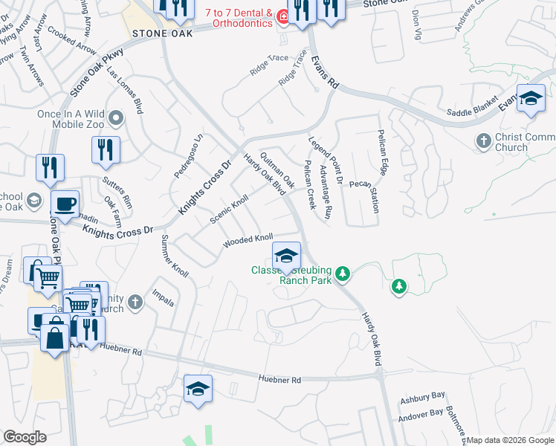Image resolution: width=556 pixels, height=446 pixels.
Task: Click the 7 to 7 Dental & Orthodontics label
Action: pyautogui.click(x=236, y=16)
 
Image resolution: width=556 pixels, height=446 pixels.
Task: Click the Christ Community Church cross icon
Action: pyautogui.click(x=483, y=140)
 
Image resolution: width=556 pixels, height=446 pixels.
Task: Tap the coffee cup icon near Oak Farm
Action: pyautogui.click(x=65, y=203)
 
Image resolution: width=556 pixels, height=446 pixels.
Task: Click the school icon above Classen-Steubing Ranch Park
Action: pyautogui.click(x=286, y=257)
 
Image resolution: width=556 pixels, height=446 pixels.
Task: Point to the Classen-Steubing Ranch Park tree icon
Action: pyautogui.click(x=343, y=274)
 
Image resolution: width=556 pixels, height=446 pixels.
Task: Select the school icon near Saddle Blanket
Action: pyautogui.click(x=531, y=100)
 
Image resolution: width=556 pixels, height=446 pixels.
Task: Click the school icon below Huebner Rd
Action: pyautogui.click(x=198, y=389)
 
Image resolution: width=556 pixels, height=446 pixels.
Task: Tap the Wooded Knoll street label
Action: pyautogui.click(x=249, y=242)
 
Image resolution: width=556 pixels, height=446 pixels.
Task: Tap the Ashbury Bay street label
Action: pyautogui.click(x=421, y=400)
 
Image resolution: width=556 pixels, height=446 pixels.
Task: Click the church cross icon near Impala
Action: pyautogui.click(x=134, y=302)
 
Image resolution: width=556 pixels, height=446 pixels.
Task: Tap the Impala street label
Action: pyautogui.click(x=164, y=297)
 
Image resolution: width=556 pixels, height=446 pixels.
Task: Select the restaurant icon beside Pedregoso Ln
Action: pyautogui.click(x=106, y=149)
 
